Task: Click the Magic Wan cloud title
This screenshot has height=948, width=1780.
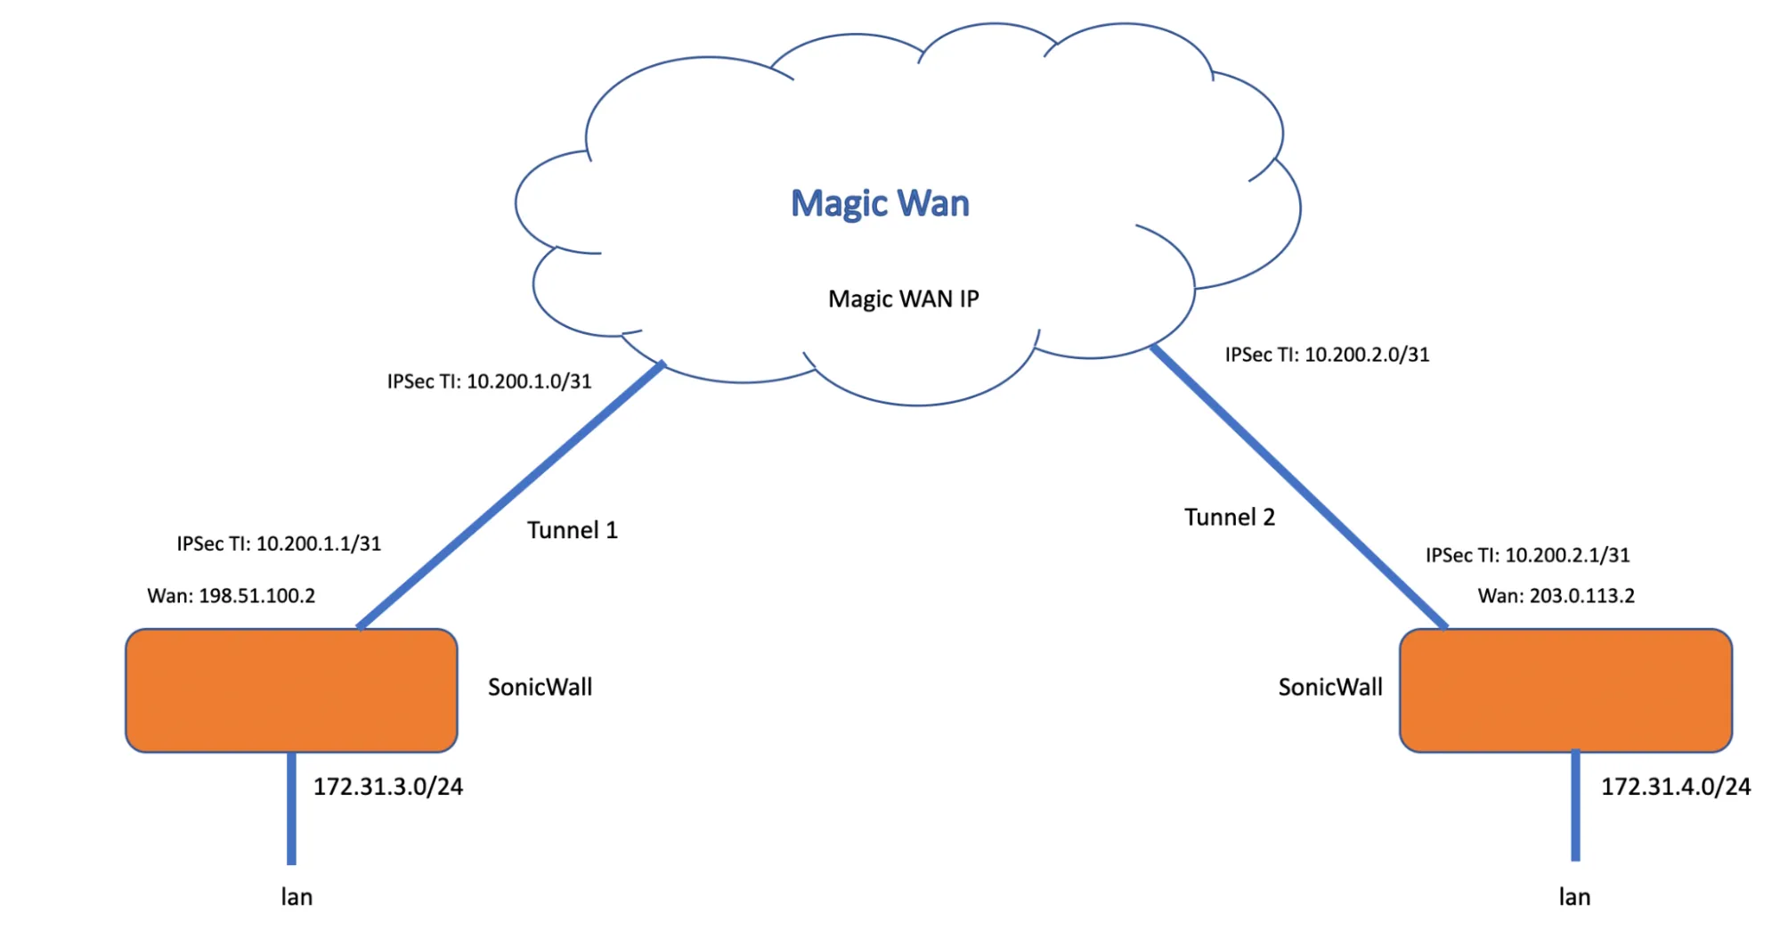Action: coord(880,203)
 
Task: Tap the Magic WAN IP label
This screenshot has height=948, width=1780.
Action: coord(903,298)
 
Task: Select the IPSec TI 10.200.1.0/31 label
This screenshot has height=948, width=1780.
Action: coord(489,381)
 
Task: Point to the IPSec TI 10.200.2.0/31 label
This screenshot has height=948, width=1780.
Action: coord(1327,355)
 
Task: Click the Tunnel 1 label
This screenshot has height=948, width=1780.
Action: coord(572,530)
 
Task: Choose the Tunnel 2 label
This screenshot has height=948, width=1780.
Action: coord(1229,517)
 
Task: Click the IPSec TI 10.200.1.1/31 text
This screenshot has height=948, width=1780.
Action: coord(279,543)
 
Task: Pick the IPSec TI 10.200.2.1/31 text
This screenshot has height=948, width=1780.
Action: coord(1527,555)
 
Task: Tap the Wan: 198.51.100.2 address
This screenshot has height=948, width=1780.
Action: coord(232,595)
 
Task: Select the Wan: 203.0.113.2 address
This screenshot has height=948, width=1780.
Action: coord(1556,595)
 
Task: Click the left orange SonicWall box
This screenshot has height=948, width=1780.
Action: coord(291,691)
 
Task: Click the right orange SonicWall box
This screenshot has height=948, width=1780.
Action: coord(1565,691)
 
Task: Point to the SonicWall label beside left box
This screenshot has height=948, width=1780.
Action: coord(540,687)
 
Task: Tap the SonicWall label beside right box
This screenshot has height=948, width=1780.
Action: coord(1330,687)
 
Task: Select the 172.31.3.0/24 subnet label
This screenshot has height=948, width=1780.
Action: coord(388,787)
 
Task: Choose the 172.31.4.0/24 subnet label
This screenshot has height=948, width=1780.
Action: coord(1675,787)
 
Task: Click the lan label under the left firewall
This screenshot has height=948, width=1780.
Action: coord(297,897)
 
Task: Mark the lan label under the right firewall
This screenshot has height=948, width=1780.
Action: coord(1574,897)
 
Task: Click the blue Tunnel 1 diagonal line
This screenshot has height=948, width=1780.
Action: coord(510,495)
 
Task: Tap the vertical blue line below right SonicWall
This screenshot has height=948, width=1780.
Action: coord(1575,806)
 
